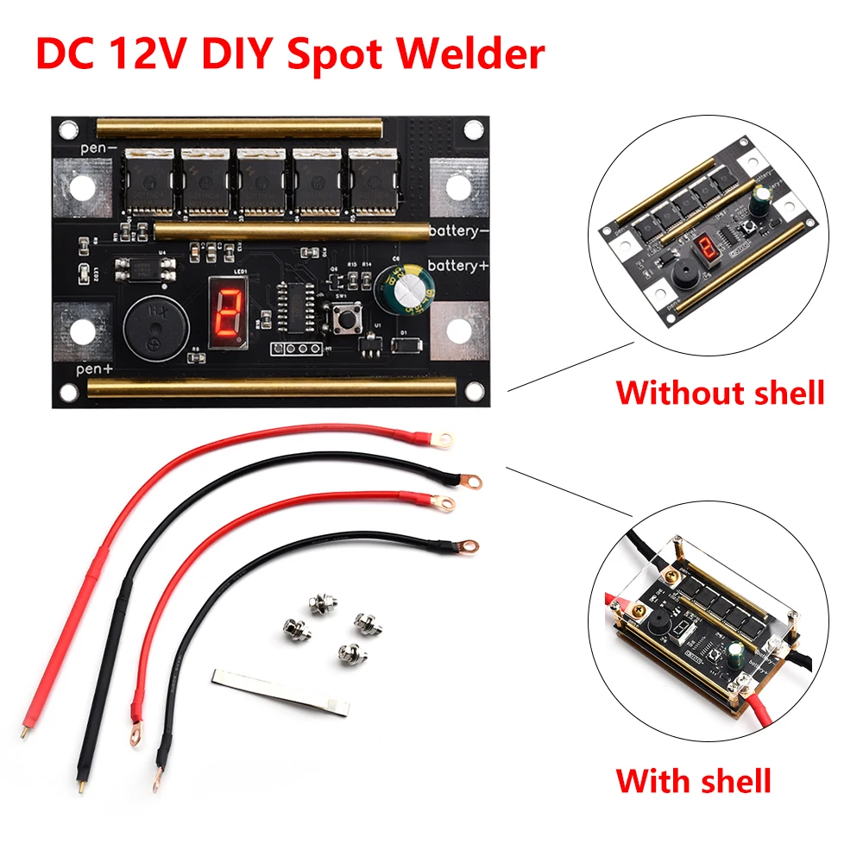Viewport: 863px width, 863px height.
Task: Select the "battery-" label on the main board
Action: click(459, 232)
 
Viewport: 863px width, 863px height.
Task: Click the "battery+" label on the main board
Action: click(459, 267)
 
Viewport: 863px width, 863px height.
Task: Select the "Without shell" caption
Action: click(720, 393)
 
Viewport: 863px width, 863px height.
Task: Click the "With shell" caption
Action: click(693, 782)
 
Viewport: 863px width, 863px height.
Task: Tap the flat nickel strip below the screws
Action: click(282, 690)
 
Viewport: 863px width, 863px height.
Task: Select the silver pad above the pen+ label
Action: click(84, 331)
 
